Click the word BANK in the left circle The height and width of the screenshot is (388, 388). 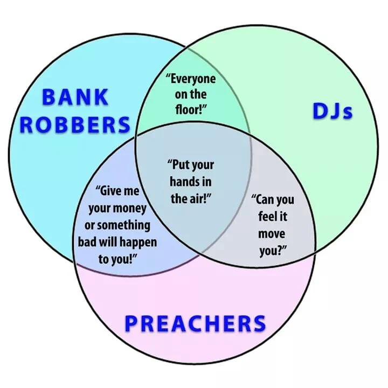click(75, 98)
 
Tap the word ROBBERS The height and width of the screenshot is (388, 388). click(75, 124)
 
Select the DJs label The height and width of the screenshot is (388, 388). click(332, 112)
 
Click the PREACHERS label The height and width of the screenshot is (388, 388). click(195, 324)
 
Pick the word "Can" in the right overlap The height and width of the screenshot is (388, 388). click(265, 200)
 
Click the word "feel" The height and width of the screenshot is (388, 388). click(267, 217)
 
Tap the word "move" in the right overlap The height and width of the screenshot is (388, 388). click(272, 234)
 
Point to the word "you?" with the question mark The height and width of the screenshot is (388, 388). click(272, 250)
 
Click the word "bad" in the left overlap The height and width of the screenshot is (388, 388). click(88, 241)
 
